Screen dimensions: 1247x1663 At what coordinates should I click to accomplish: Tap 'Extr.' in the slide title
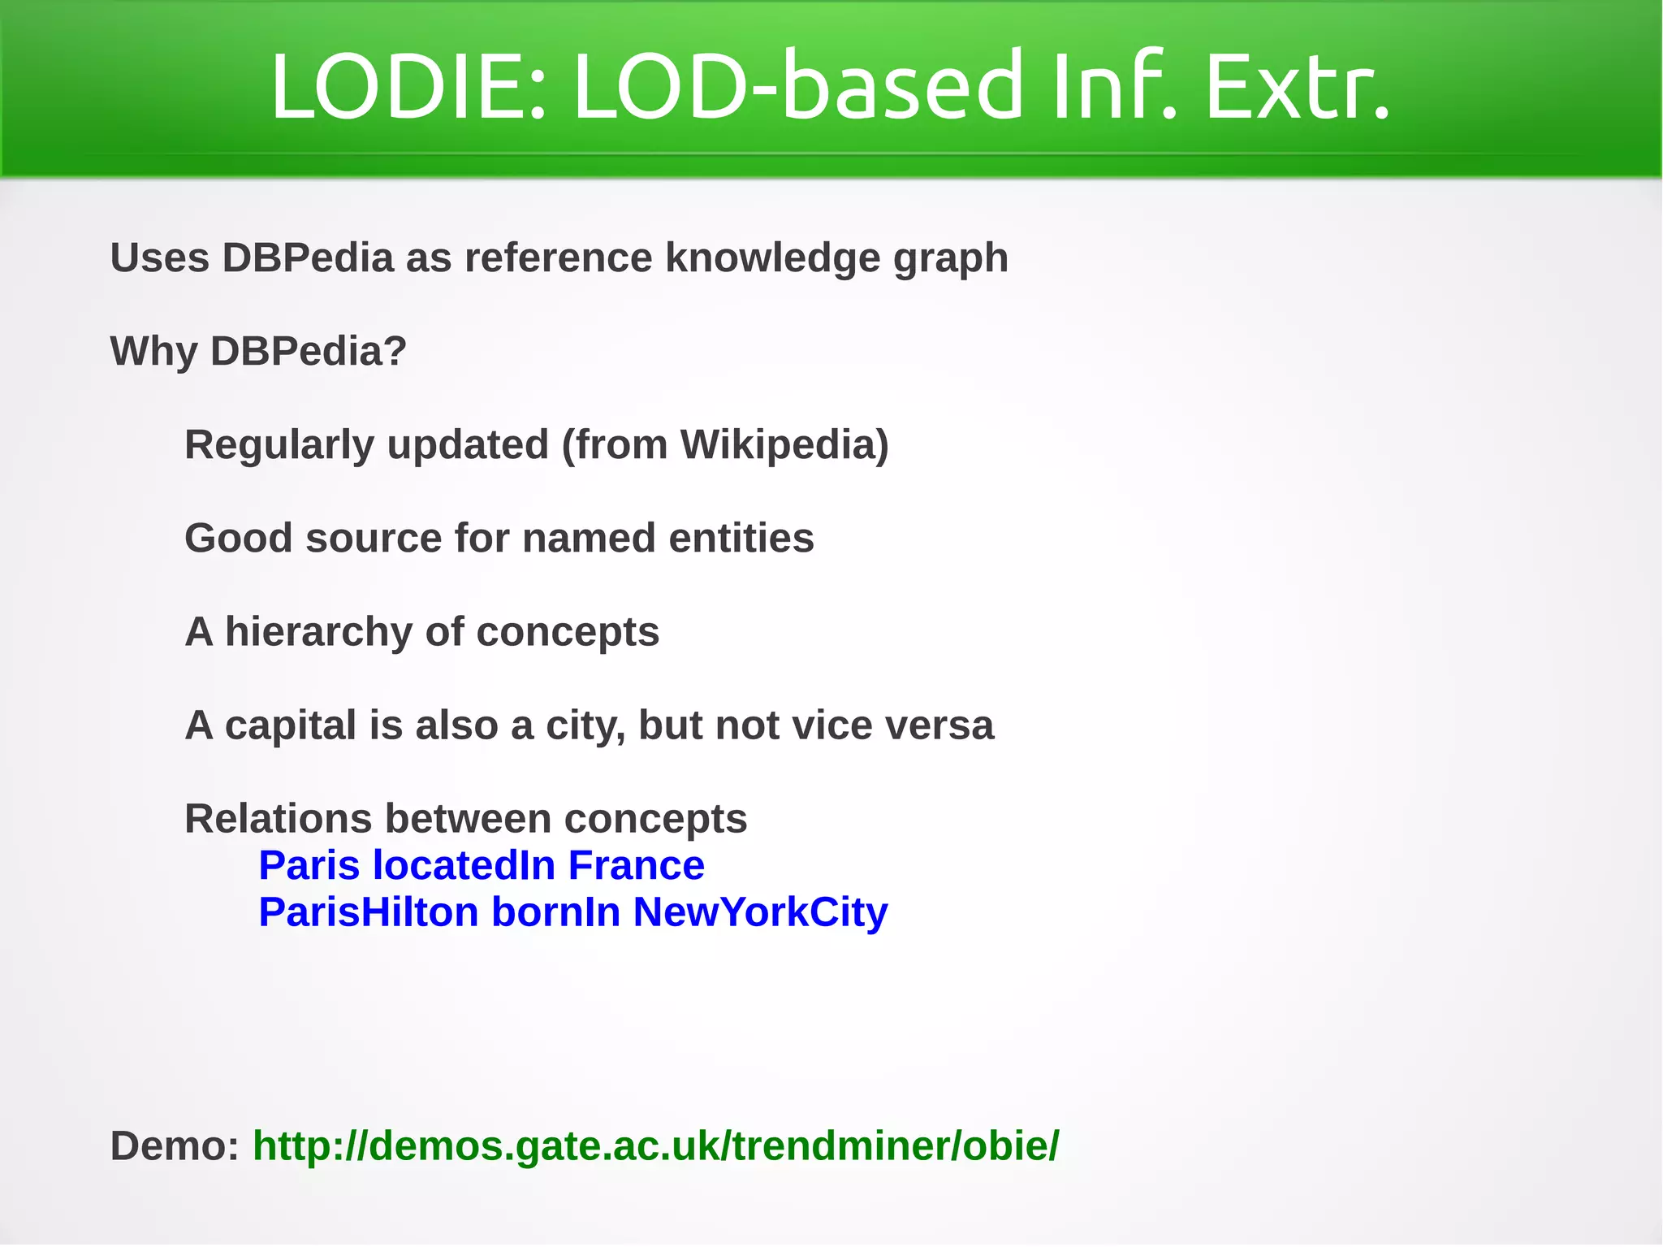(1297, 86)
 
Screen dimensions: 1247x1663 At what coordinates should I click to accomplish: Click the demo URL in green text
(655, 1145)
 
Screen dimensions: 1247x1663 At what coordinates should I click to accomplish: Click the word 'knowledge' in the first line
(773, 258)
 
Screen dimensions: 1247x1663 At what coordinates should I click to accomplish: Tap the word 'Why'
(153, 352)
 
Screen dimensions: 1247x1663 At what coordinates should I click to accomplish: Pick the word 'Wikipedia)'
(784, 445)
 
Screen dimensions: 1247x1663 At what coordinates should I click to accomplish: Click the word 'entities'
(741, 538)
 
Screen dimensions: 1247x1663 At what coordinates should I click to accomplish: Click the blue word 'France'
(636, 865)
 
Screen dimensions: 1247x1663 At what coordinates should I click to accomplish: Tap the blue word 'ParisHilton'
(369, 912)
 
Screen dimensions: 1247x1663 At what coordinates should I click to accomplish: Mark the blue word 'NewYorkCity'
(760, 912)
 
